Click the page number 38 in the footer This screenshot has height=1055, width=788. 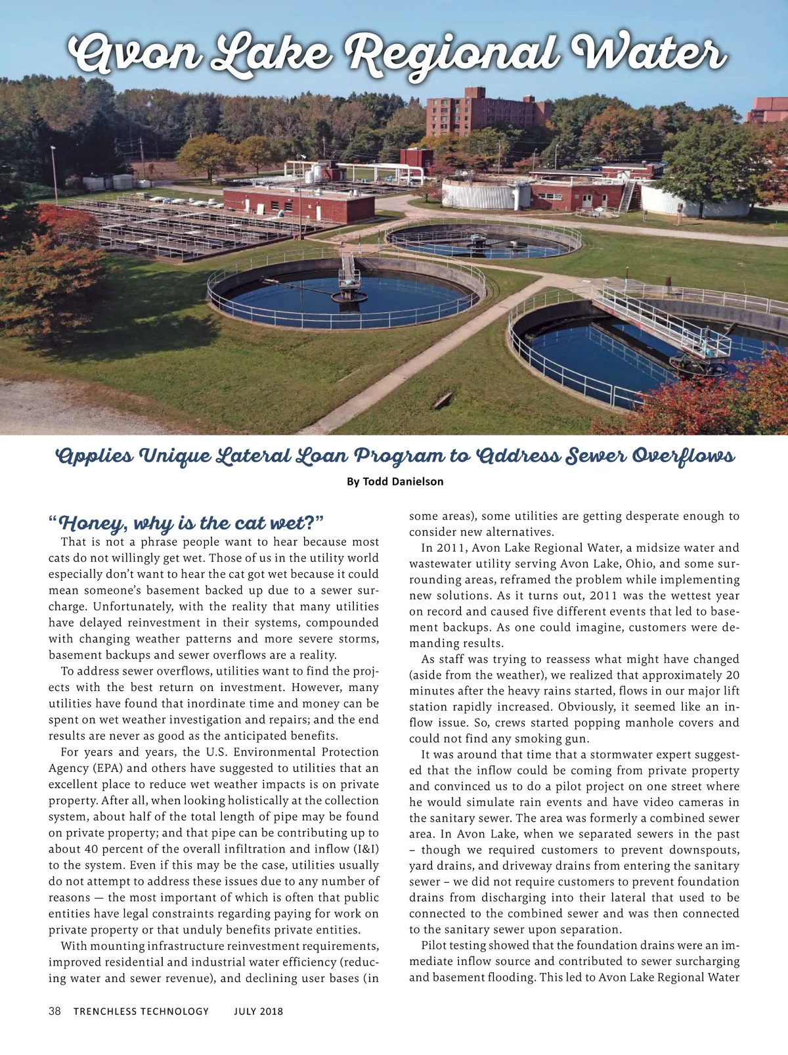tap(55, 1011)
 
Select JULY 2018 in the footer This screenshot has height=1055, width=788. tap(259, 1011)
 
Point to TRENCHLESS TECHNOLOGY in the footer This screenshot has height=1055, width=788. tap(141, 1011)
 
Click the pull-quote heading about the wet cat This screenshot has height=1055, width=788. tap(186, 524)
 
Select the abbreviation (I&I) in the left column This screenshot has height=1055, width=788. tap(361, 849)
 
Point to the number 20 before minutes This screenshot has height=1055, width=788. tap(732, 675)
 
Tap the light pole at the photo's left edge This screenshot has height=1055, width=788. tap(55, 174)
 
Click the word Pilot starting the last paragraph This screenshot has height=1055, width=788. tap(436, 945)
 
